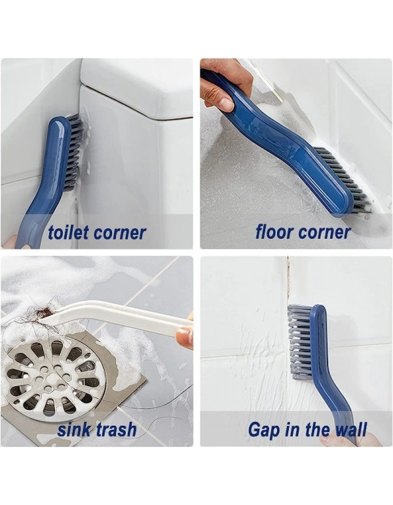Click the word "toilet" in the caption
click(68, 233)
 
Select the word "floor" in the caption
click(274, 232)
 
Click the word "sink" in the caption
click(72, 429)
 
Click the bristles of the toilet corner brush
click(75, 148)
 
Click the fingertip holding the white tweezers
click(185, 336)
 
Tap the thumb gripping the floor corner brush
click(224, 102)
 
